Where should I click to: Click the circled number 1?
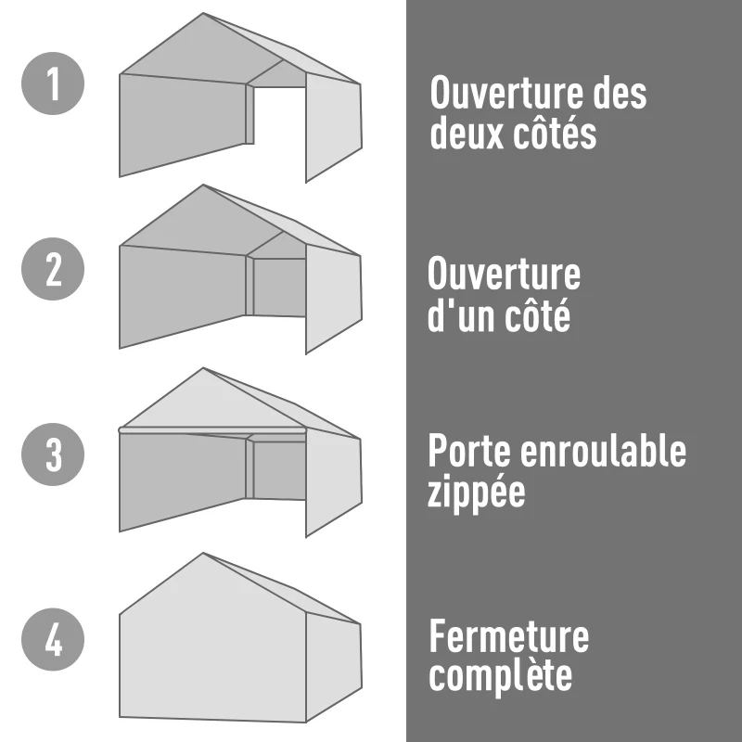53,83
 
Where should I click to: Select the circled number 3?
53,454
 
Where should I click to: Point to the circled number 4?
53,640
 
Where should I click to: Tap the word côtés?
555,135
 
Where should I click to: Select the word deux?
467,135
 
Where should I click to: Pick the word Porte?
469,452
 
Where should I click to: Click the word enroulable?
603,452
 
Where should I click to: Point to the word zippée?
476,493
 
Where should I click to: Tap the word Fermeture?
508,637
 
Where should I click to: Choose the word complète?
500,677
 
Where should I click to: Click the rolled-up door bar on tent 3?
212,430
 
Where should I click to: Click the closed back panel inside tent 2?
279,288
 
